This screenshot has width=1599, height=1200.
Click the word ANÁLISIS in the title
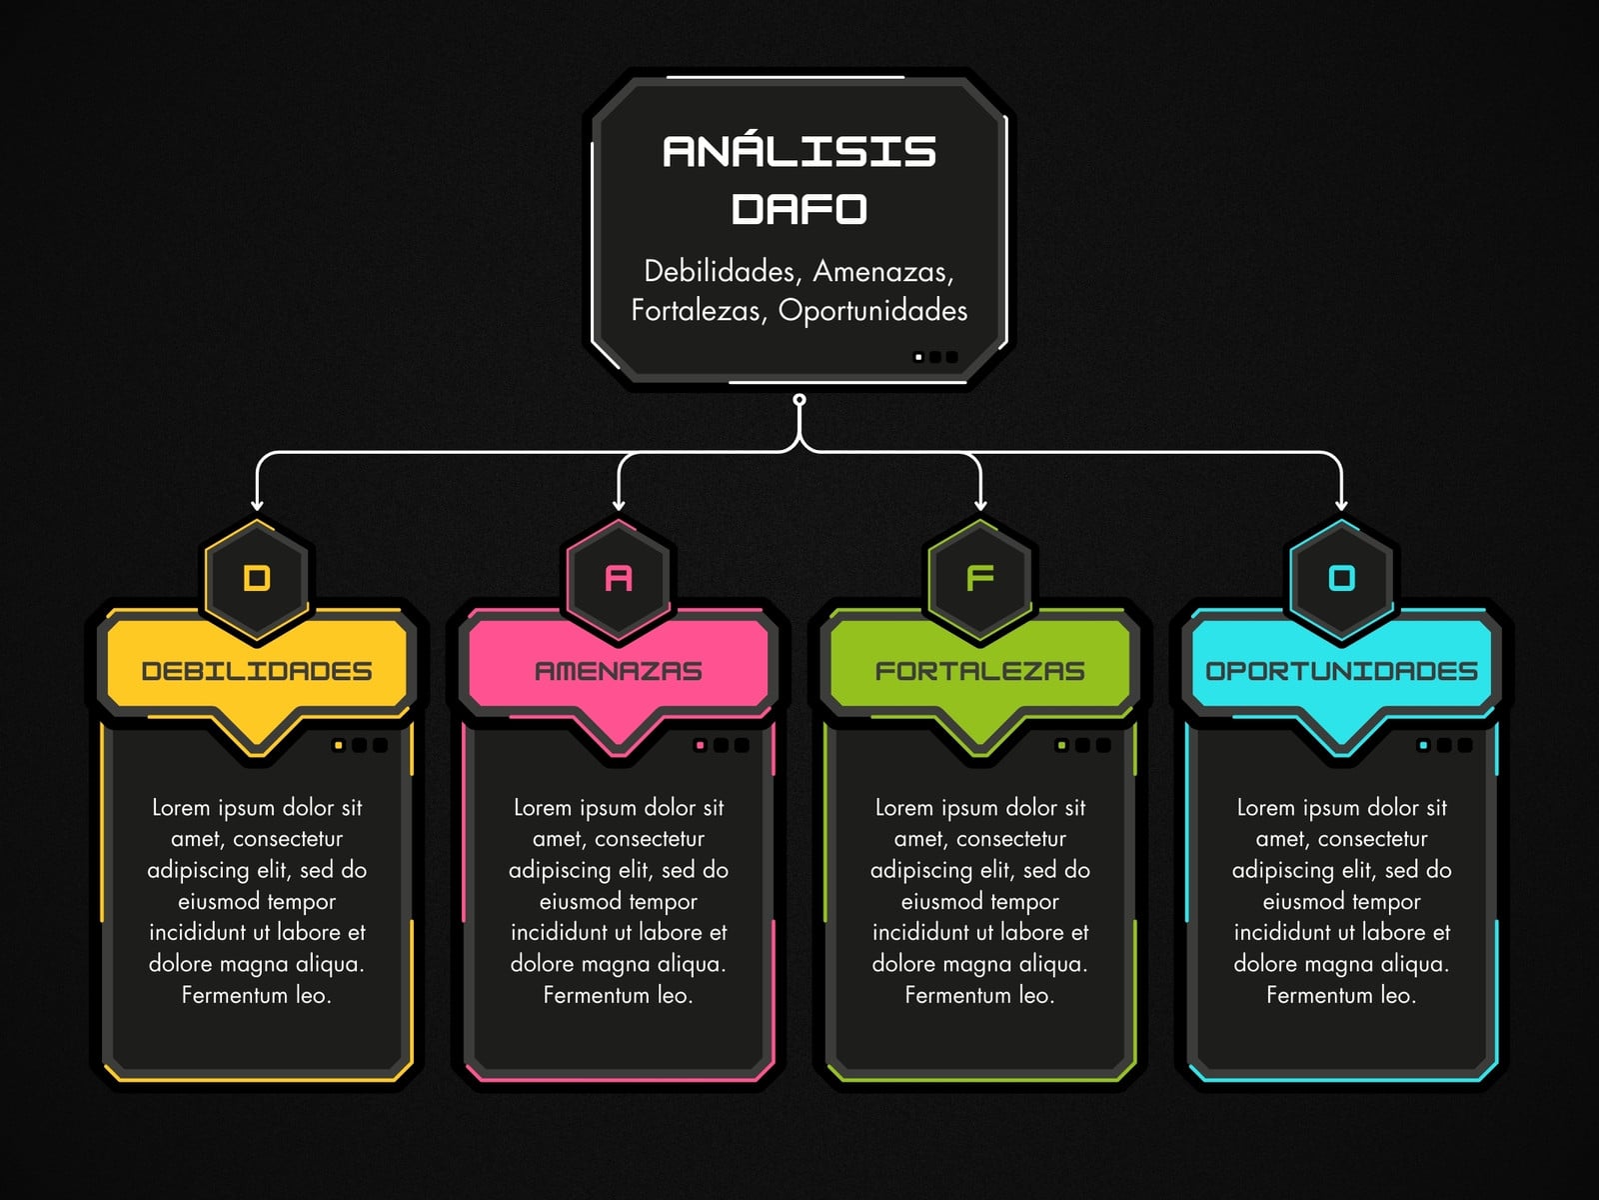tap(799, 151)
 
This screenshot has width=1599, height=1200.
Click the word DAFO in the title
tap(799, 209)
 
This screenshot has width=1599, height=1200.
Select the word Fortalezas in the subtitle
tap(696, 310)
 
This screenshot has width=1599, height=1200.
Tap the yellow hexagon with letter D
tap(257, 579)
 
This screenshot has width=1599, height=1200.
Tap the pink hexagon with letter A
tap(619, 579)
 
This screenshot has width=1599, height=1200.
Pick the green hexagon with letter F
tap(979, 579)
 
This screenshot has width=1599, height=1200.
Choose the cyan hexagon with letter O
tap(1341, 579)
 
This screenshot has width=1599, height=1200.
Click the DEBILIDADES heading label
tap(257, 671)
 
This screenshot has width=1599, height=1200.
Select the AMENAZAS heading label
tap(619, 671)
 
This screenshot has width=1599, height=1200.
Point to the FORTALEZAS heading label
tap(979, 671)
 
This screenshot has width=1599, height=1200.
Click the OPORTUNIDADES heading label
tap(1341, 671)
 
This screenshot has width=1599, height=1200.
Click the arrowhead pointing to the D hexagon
tap(257, 504)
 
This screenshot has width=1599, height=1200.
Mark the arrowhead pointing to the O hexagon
tap(1341, 504)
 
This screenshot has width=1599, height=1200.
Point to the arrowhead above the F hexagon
tap(979, 504)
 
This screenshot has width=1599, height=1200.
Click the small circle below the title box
tap(799, 400)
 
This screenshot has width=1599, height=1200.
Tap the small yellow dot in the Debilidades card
tap(338, 745)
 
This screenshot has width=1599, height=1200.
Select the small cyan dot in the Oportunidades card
tap(1423, 745)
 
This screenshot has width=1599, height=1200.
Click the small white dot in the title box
tap(918, 357)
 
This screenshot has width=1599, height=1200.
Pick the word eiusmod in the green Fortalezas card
tap(937, 902)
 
